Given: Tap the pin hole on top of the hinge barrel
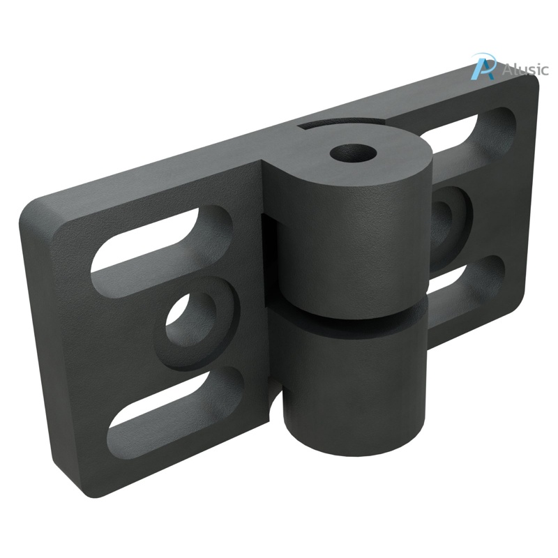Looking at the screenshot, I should pos(346,151).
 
